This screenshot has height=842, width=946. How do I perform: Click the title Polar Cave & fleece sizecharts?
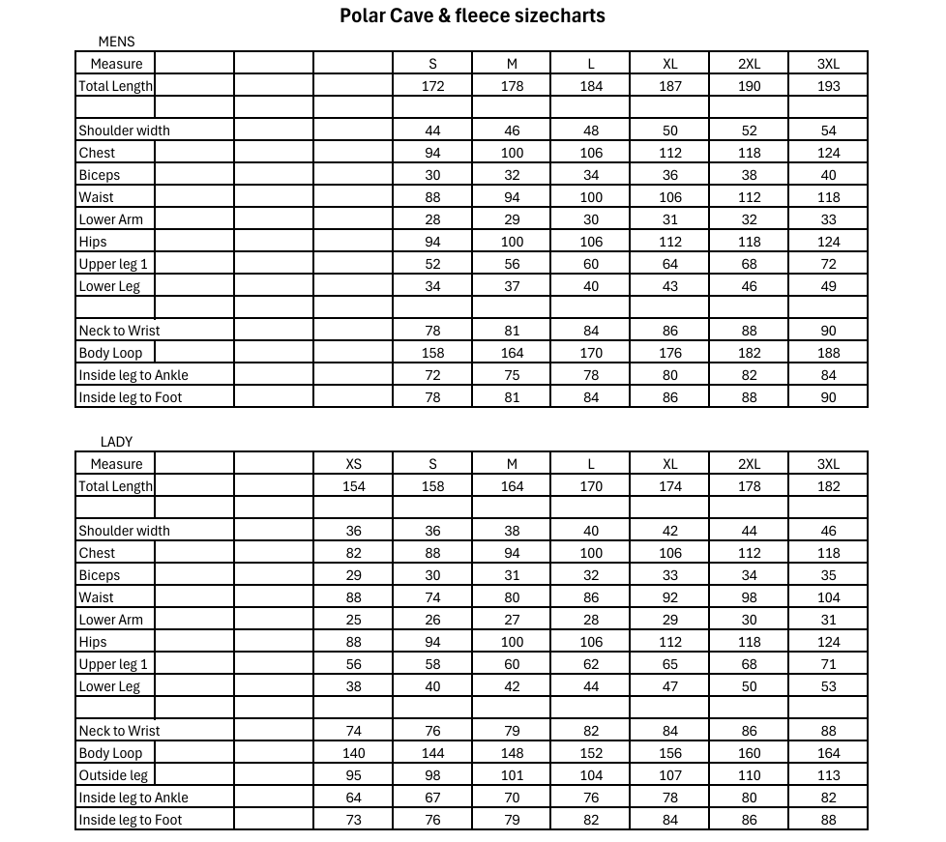click(x=472, y=15)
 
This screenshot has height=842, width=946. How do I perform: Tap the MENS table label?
click(x=116, y=42)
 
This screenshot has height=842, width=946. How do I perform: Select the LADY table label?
click(x=116, y=442)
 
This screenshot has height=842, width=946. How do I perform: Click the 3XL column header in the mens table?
click(x=828, y=64)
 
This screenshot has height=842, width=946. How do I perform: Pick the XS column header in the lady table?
click(x=354, y=464)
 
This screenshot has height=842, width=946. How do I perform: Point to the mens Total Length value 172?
click(x=432, y=86)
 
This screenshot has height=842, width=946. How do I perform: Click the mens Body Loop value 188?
click(x=828, y=353)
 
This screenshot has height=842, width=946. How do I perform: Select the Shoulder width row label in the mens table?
click(x=124, y=131)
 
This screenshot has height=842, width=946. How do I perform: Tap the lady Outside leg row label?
click(x=113, y=775)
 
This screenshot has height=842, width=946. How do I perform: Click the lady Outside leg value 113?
click(x=828, y=775)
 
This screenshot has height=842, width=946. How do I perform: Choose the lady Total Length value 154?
click(x=354, y=486)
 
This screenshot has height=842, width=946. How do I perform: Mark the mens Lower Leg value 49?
click(x=828, y=286)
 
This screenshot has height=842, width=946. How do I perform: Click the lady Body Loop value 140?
click(x=354, y=753)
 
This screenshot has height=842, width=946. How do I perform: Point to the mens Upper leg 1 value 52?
click(x=432, y=264)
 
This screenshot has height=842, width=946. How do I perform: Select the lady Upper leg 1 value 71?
click(x=828, y=664)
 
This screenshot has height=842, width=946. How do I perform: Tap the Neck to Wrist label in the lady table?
click(x=119, y=731)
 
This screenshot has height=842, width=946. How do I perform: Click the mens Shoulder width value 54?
click(x=828, y=131)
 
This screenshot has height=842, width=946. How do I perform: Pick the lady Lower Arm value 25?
click(x=354, y=620)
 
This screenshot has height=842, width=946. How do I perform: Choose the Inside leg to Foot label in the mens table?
click(x=130, y=397)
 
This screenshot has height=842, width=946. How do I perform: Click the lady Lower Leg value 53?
click(x=828, y=686)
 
